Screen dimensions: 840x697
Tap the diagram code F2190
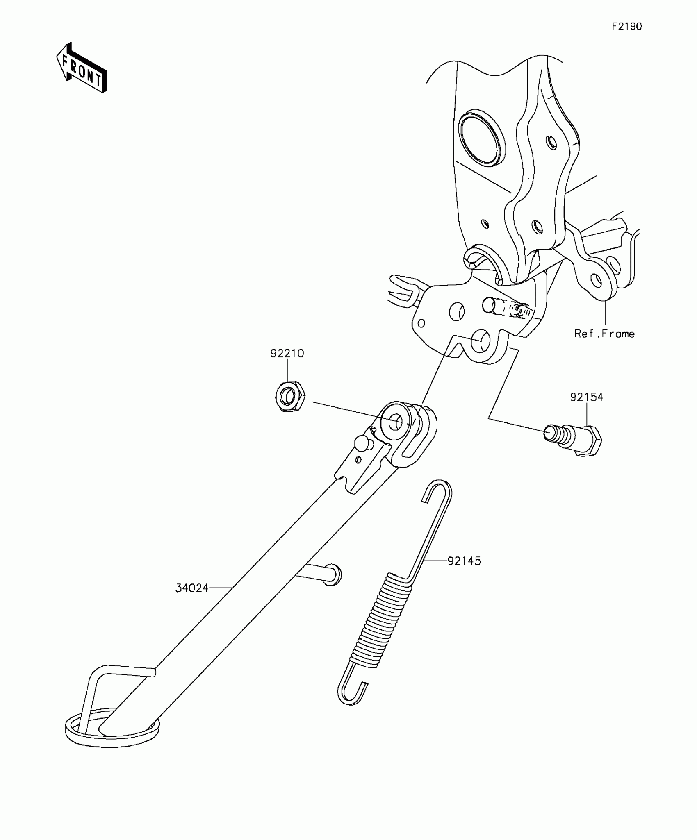click(x=627, y=27)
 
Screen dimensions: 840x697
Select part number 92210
click(x=287, y=353)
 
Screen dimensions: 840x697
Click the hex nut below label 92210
click(x=289, y=397)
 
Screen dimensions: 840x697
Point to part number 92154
click(x=586, y=397)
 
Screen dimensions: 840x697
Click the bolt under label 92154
click(x=573, y=439)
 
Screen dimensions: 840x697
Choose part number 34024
click(x=192, y=588)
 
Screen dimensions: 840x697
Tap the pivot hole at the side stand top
click(x=395, y=422)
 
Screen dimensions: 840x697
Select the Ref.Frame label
click(x=604, y=334)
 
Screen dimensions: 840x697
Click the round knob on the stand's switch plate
click(x=362, y=443)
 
